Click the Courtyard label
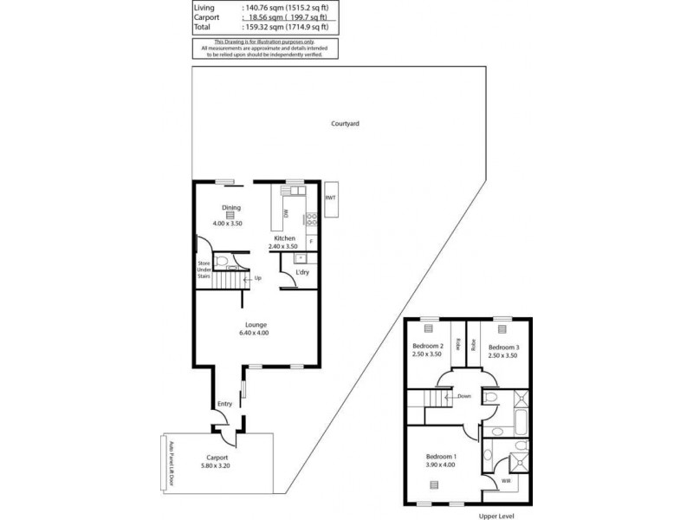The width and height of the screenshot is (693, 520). (x=345, y=124)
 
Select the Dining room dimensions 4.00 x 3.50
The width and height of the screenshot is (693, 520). (x=230, y=224)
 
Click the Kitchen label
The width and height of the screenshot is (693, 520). (x=285, y=237)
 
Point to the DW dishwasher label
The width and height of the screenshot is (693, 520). (x=285, y=213)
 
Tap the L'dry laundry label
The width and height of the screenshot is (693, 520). (x=302, y=273)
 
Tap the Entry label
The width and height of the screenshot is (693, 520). (x=224, y=403)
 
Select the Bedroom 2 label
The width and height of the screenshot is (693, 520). (x=427, y=348)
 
